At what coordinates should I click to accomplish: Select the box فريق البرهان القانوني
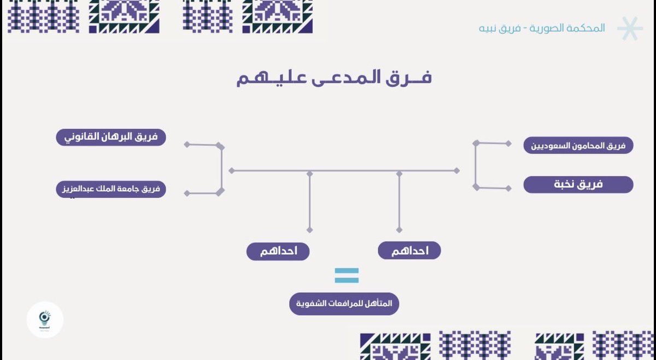click(x=111, y=137)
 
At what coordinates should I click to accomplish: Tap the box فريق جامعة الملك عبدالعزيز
click(x=111, y=190)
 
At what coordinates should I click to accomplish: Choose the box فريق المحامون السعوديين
click(x=578, y=145)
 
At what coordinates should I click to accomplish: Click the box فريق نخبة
click(x=578, y=185)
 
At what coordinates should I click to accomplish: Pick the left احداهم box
click(x=278, y=251)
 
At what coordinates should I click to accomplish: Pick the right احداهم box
click(x=409, y=251)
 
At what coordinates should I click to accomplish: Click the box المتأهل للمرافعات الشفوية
click(x=344, y=304)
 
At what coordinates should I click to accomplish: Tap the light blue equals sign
click(x=347, y=276)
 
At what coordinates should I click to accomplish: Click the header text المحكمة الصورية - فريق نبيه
click(x=542, y=28)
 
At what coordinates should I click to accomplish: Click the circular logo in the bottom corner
click(x=45, y=320)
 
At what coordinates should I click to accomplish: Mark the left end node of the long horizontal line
click(x=232, y=171)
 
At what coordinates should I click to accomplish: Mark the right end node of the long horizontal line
click(x=456, y=170)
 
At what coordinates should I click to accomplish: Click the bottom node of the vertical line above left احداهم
click(x=310, y=229)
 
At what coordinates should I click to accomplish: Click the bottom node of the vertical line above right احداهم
click(x=399, y=229)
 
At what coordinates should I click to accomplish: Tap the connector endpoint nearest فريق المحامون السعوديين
click(x=508, y=144)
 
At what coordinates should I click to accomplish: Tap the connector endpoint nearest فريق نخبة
click(x=508, y=188)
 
